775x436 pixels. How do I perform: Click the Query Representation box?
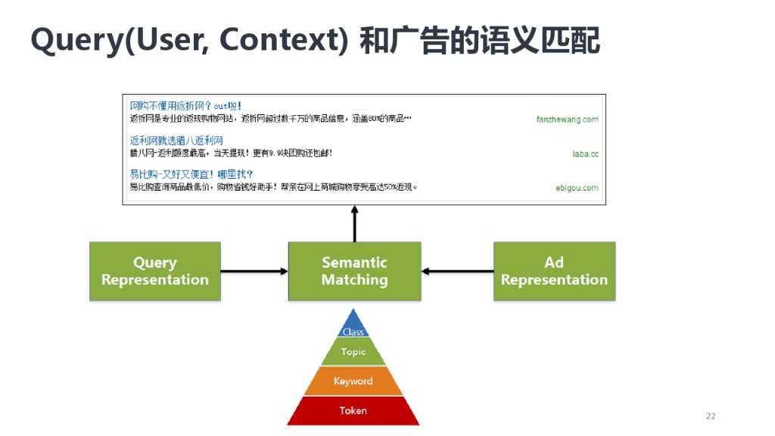pos(155,271)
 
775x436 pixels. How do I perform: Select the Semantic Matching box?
pos(354,271)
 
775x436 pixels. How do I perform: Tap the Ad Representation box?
pos(554,271)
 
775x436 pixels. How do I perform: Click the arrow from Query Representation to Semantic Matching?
pos(254,271)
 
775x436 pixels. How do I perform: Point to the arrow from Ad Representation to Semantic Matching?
pos(457,271)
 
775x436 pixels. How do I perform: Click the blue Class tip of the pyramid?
pos(353,327)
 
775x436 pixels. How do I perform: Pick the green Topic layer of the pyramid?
pos(353,352)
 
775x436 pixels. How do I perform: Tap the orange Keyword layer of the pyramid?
pos(353,381)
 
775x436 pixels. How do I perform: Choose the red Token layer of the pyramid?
pos(353,410)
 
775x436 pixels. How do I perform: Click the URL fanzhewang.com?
pos(567,119)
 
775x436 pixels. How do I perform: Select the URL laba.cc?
pos(585,154)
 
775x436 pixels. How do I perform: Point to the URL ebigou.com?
pos(577,188)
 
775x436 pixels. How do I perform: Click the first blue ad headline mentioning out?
pos(185,106)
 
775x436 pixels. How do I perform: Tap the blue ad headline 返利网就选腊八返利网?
pos(176,141)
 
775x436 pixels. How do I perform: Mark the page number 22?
pos(710,416)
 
